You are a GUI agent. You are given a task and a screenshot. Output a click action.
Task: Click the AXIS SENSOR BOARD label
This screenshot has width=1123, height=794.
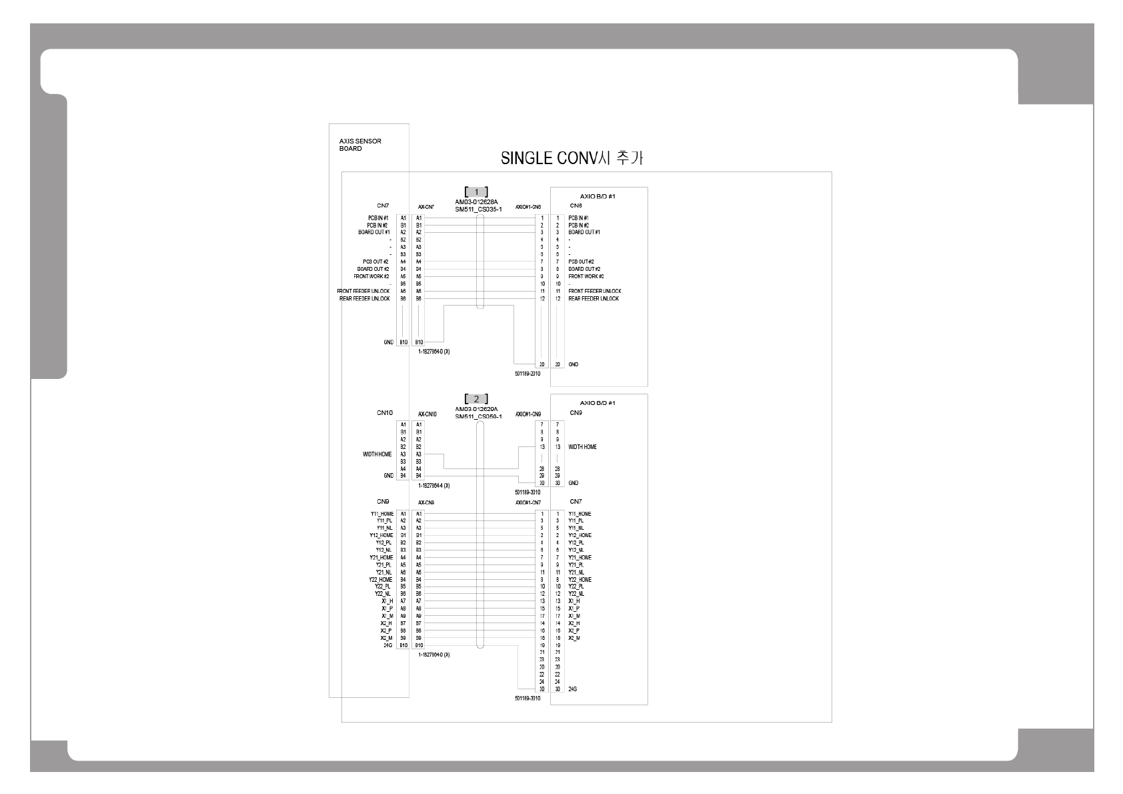(x=360, y=145)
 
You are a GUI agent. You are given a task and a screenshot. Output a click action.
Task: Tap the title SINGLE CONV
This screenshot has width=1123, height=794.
(x=572, y=159)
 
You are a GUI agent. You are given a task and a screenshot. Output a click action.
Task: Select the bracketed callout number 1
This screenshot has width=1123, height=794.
(x=476, y=192)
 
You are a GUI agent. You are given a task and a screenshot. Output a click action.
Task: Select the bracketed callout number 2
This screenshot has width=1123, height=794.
(x=476, y=399)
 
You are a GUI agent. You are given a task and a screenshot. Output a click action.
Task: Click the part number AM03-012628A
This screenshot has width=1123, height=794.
(x=476, y=202)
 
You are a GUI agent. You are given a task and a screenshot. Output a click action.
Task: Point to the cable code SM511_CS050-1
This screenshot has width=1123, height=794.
(x=478, y=416)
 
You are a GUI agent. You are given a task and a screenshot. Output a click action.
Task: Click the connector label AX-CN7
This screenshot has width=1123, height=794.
(x=426, y=208)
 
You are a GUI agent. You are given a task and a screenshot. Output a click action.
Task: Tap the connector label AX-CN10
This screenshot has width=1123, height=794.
(x=427, y=414)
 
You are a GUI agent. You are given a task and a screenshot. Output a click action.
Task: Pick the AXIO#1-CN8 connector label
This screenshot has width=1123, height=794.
(x=528, y=208)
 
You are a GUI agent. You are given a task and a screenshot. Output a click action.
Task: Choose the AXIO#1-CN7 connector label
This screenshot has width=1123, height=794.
(x=528, y=502)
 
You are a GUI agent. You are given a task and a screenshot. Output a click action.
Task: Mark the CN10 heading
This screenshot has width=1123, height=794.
(x=384, y=413)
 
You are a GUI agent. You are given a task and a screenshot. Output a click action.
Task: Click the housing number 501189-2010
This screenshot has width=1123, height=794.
(x=527, y=374)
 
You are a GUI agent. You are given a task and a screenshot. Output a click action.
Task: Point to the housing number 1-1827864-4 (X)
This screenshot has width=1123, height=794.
(x=433, y=486)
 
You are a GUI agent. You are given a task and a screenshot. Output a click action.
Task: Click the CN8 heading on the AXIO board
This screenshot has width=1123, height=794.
(x=576, y=206)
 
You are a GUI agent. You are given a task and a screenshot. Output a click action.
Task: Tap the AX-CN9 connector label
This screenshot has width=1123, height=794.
(x=426, y=502)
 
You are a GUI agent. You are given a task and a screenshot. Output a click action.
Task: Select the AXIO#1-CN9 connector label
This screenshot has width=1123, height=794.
(x=528, y=414)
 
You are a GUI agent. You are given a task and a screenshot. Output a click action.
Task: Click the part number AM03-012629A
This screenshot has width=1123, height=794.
(x=476, y=408)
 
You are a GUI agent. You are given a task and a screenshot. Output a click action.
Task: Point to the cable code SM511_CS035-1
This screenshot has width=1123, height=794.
(x=478, y=210)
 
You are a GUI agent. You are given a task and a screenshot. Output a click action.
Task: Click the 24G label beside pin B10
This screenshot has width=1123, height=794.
(x=387, y=646)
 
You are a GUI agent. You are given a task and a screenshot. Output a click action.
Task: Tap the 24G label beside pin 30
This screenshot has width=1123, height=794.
(x=573, y=689)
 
